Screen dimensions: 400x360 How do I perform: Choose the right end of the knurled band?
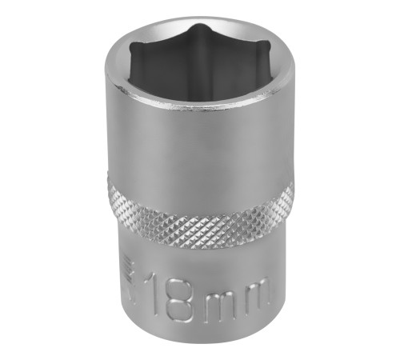pos(291,194)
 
